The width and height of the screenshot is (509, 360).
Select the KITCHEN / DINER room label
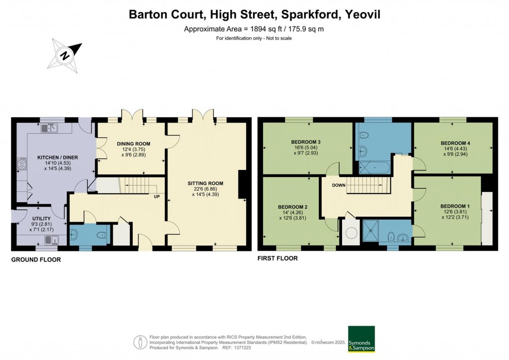point(58,158)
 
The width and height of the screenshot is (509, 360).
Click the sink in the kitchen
point(50,128)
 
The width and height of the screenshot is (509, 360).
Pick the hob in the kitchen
point(22,164)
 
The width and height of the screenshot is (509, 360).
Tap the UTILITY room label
point(41,219)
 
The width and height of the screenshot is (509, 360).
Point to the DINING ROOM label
point(133,144)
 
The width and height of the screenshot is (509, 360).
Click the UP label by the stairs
point(157,196)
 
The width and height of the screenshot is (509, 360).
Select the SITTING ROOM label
point(205,183)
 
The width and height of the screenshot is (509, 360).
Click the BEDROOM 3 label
point(305,142)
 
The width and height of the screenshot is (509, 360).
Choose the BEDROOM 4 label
point(455,143)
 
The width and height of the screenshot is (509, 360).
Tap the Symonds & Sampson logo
point(361,339)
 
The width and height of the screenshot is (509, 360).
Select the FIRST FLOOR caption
point(277,259)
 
